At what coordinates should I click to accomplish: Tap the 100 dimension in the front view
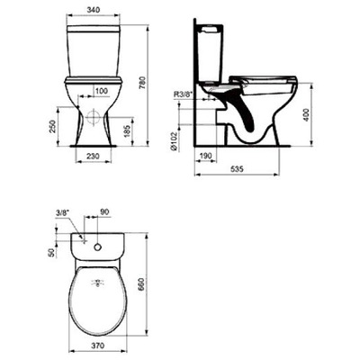click(102, 90)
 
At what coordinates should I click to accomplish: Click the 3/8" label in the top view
click(61, 212)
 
